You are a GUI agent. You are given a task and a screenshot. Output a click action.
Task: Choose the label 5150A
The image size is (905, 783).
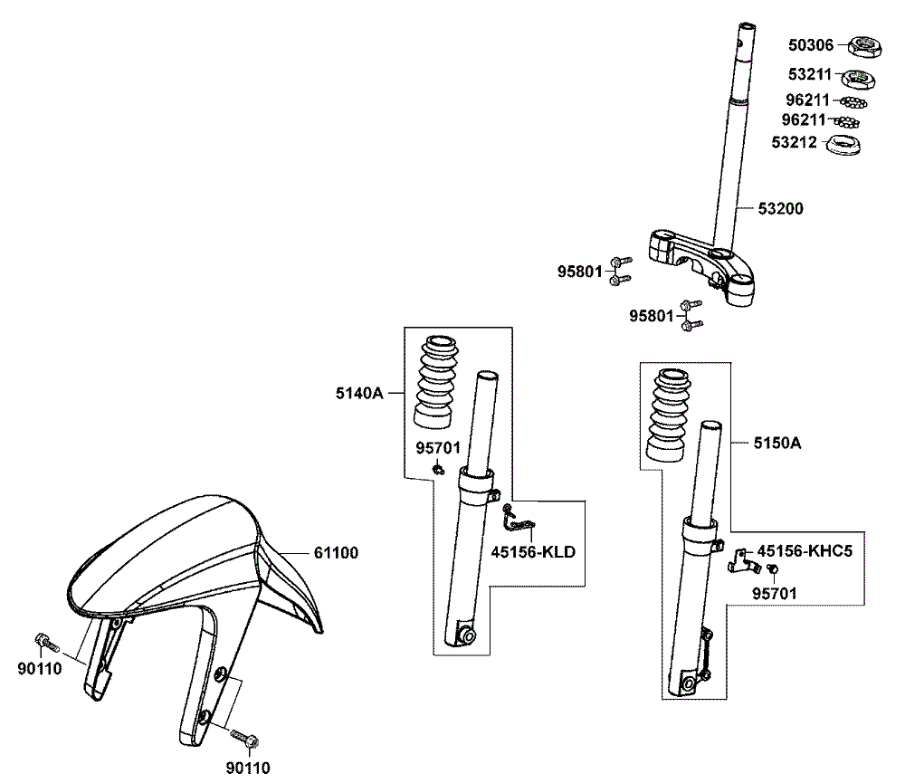pos(777,444)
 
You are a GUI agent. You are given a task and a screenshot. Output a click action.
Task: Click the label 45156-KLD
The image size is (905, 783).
pos(533,551)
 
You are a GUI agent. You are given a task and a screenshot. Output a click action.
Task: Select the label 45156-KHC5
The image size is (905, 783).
pos(805,549)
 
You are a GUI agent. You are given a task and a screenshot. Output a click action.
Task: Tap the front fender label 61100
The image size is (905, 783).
pos(336,552)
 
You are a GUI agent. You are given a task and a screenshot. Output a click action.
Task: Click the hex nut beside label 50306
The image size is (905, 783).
pos(866,44)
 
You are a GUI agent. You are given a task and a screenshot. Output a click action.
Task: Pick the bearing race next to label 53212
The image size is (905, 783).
pos(844,143)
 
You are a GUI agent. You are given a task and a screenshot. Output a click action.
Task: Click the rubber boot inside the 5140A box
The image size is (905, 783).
pos(438,381)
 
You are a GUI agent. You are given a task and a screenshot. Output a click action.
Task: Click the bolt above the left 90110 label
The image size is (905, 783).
pos(46,642)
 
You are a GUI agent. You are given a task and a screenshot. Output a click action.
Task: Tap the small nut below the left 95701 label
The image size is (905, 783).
pos(439,469)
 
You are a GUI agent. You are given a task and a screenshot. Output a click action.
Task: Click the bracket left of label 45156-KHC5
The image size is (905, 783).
pos(741,560)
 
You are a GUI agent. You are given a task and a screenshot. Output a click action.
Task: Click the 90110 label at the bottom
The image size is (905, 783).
pos(248,769)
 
